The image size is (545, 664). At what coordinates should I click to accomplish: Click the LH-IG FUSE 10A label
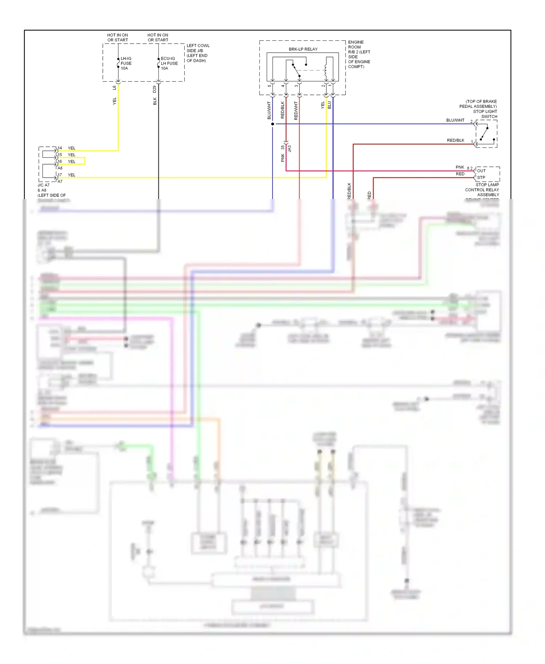point(126,63)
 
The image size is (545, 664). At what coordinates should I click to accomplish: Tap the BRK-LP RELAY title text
point(303,49)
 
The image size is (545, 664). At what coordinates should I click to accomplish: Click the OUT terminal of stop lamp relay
point(481,171)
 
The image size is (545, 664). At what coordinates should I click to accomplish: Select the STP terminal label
point(481,178)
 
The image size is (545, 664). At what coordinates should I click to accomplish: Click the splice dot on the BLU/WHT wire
point(272,124)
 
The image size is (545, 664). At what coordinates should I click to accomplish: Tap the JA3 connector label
point(290,149)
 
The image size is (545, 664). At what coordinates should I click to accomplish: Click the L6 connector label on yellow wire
point(114,88)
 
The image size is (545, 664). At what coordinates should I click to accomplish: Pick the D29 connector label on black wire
point(155,88)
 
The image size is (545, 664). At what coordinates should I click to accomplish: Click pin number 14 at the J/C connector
point(60,148)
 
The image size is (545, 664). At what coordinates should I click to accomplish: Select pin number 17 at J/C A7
point(60,175)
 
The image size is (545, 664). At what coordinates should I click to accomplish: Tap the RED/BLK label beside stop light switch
point(455,140)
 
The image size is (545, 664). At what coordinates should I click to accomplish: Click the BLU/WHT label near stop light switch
point(455,120)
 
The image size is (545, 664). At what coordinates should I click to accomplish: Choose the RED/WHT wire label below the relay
point(296,110)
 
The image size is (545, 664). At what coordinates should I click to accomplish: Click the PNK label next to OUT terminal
point(460,167)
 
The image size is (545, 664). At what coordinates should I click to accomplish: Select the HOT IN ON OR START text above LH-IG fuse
point(117,37)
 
